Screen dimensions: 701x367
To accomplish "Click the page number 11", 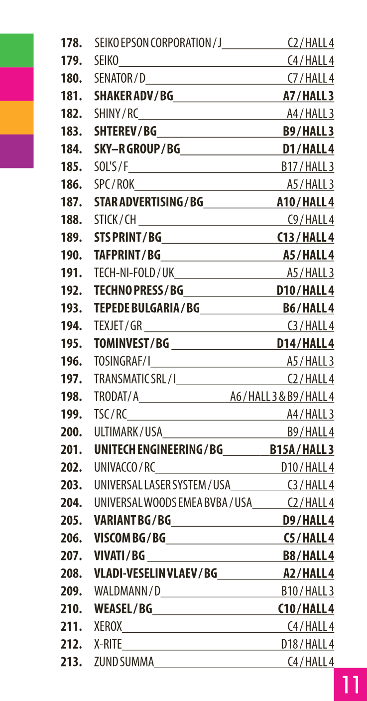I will (x=350, y=685).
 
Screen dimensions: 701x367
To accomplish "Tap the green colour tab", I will (x=16, y=50).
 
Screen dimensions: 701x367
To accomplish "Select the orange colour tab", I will (x=16, y=118).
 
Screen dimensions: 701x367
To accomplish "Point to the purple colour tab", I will (x=16, y=151).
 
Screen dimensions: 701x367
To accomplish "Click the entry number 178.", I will (x=71, y=43).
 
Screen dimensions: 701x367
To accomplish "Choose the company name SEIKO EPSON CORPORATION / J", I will (x=158, y=43).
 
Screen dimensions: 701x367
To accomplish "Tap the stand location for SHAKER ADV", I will (x=308, y=96).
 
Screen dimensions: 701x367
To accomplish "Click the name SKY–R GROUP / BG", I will (x=137, y=149).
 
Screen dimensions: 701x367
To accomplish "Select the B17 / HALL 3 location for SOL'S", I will (x=307, y=167).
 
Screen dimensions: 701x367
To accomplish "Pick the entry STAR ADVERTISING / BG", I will (x=148, y=202).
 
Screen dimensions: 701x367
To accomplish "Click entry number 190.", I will (x=71, y=256).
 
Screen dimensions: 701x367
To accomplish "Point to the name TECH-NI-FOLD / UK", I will (x=134, y=273).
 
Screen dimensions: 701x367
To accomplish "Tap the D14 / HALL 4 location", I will (x=305, y=344).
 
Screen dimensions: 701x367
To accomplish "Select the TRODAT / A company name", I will (x=116, y=397).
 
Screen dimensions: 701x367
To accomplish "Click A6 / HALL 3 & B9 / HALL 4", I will (x=282, y=397).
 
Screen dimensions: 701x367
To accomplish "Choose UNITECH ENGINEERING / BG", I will (x=158, y=450).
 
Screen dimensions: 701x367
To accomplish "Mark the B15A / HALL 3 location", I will (x=302, y=450).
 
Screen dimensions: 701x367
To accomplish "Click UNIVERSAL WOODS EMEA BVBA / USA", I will (x=173, y=503).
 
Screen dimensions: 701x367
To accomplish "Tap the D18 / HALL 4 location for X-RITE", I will (x=307, y=644).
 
